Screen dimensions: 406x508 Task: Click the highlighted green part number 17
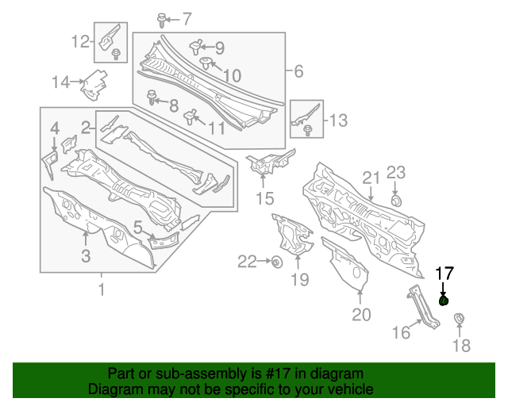tap(444, 301)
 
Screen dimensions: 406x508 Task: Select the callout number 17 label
tap(444, 274)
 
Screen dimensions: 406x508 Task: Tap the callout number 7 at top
tap(187, 18)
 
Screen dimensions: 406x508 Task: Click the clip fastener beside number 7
tap(162, 17)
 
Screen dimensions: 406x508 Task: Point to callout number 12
tap(81, 41)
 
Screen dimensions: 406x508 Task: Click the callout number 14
tap(61, 81)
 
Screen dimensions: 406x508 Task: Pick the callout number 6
tap(298, 72)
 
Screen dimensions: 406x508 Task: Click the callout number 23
tap(396, 173)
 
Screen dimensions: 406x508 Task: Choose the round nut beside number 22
tap(277, 262)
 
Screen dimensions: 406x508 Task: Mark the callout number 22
tap(247, 261)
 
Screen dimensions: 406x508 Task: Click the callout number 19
tap(298, 278)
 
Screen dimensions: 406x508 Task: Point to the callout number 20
tap(361, 316)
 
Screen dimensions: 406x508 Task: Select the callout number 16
tap(402, 333)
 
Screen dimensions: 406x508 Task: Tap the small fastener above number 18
tap(459, 319)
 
